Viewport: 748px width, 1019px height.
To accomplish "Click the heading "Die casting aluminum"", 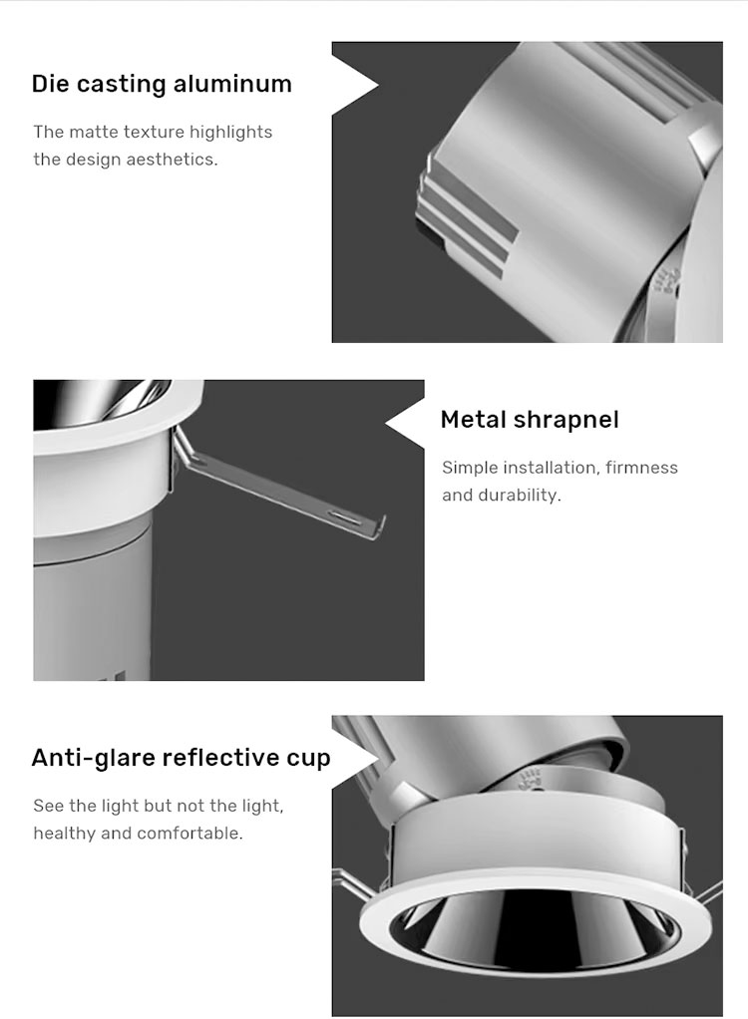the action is (x=162, y=84).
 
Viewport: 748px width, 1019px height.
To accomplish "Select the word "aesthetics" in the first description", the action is (x=172, y=160).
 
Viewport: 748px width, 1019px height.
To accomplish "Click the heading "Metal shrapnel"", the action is (x=530, y=420).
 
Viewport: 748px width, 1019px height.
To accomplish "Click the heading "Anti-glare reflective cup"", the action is (x=182, y=758).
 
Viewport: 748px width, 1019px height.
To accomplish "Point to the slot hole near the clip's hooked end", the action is (x=343, y=516).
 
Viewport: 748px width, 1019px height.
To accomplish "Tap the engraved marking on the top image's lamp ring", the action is (x=669, y=283).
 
